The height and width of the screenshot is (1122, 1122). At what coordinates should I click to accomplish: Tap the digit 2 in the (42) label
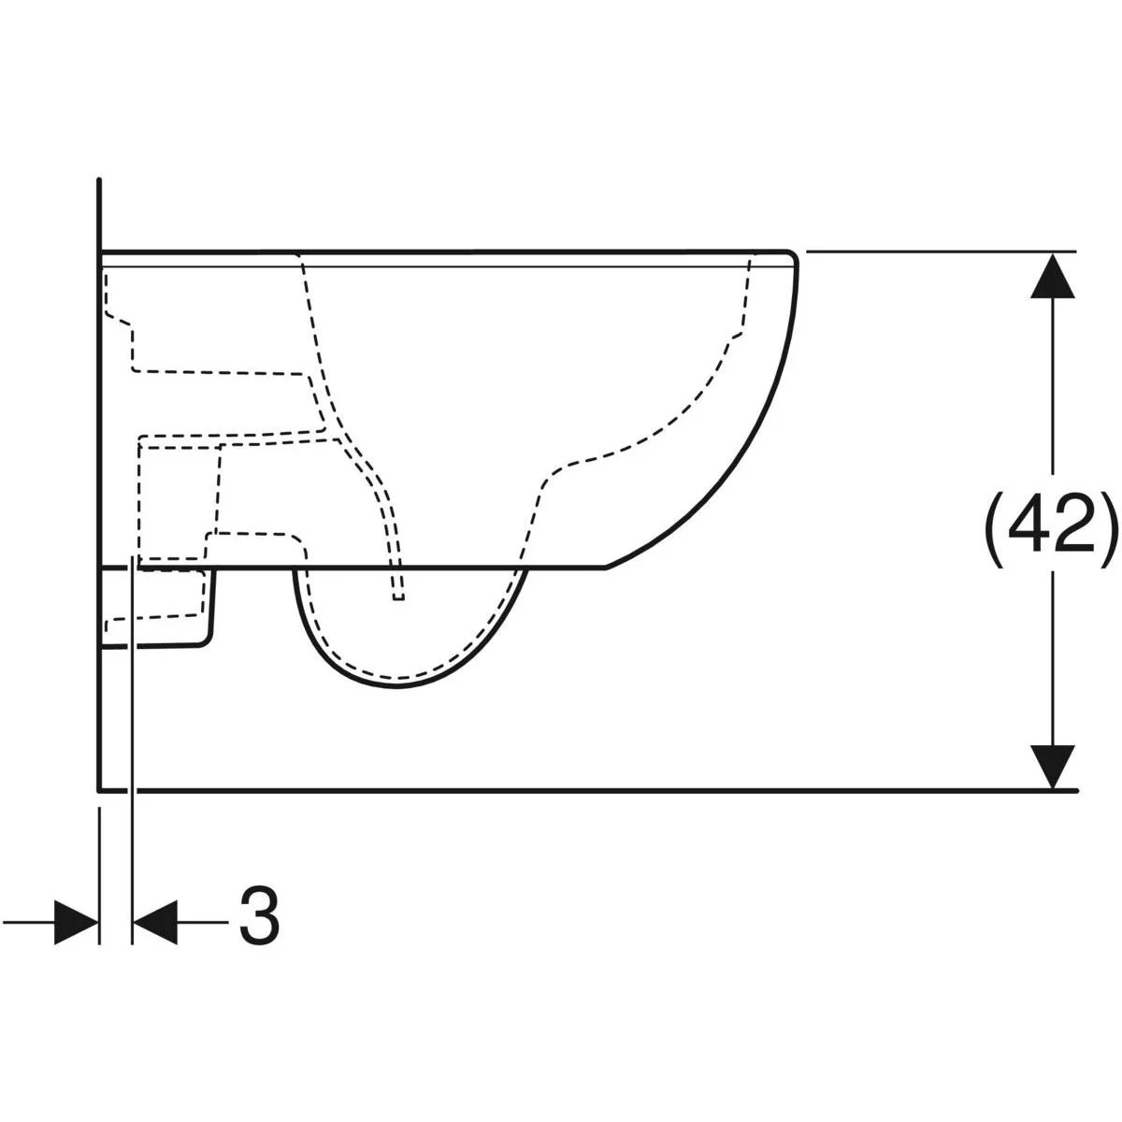click(x=1076, y=524)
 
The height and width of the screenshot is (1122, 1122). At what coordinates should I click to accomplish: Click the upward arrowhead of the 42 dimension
click(x=1053, y=276)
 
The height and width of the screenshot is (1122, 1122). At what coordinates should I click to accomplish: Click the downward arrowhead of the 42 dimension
click(x=1053, y=767)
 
